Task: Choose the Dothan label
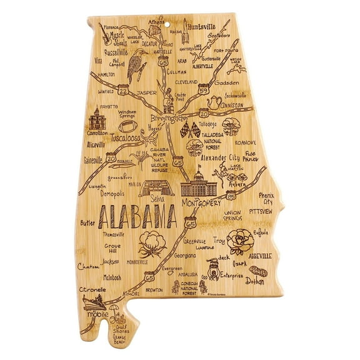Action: pyautogui.click(x=257, y=282)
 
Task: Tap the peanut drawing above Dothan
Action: pyautogui.click(x=257, y=271)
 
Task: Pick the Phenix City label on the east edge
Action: pyautogui.click(x=267, y=198)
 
